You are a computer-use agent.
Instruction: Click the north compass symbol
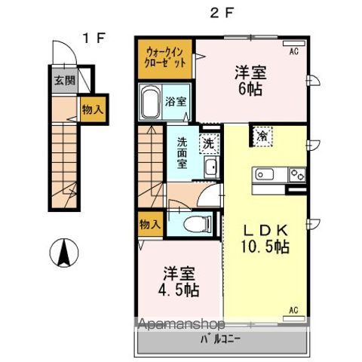[x=64, y=251]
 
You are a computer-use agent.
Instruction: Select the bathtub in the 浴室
[x=149, y=102]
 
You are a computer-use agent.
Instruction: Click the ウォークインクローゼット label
[x=165, y=59]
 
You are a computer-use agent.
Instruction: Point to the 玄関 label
[x=64, y=81]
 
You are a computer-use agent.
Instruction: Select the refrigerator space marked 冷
[x=262, y=136]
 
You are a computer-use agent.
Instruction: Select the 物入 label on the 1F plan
[x=92, y=109]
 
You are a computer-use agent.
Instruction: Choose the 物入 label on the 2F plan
[x=149, y=224]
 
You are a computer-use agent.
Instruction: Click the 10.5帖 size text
[x=263, y=245]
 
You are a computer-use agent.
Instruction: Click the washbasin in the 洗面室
[x=211, y=167]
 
